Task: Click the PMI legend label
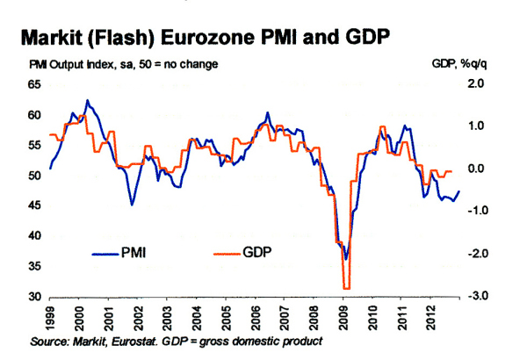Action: [x=134, y=254]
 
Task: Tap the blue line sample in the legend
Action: [x=104, y=254]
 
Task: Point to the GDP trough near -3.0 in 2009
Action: [x=346, y=287]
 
